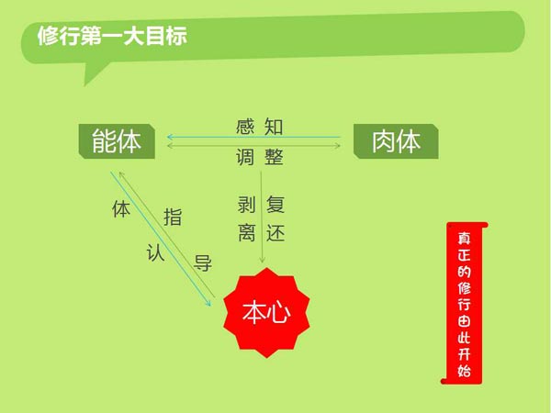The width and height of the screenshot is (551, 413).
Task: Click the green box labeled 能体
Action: (117, 141)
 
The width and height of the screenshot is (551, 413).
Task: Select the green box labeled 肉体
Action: (396, 141)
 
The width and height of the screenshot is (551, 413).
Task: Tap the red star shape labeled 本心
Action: (266, 313)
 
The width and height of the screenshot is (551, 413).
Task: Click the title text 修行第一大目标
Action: (112, 36)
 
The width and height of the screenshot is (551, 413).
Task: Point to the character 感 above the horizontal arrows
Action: (245, 127)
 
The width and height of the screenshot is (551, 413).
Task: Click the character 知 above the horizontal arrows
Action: (274, 127)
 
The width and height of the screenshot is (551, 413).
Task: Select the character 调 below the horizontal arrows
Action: (245, 157)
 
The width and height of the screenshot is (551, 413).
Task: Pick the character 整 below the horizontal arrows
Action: (274, 157)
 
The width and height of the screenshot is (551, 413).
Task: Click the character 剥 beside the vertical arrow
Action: (246, 205)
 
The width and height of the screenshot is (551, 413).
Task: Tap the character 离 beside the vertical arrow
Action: (246, 233)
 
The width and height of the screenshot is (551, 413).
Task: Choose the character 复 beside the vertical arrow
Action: (275, 205)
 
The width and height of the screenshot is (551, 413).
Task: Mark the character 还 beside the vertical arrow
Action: (275, 233)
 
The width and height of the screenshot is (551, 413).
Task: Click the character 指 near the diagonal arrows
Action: (173, 217)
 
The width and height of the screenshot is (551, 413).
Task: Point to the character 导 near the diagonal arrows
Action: (203, 263)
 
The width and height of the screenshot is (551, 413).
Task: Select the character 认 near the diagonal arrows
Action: (155, 252)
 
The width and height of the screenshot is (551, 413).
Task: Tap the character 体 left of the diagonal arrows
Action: (121, 209)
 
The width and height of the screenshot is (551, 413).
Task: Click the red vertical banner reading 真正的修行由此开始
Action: (465, 303)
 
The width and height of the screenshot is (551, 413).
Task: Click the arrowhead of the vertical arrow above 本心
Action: (262, 261)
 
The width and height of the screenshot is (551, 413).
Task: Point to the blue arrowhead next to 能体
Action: (170, 137)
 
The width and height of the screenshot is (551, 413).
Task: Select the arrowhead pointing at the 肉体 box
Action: (338, 145)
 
